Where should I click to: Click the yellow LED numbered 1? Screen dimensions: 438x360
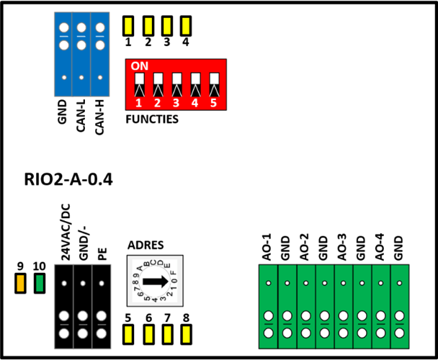tap(128, 26)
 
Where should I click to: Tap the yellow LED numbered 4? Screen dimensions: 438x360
tap(186, 26)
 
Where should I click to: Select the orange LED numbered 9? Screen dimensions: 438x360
tap(20, 284)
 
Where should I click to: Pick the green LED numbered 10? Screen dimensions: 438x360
tap(40, 284)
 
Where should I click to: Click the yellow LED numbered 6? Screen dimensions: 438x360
tap(148, 334)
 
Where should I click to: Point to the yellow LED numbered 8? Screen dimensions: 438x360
tap(186, 334)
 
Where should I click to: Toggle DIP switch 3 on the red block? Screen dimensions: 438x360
tap(176, 85)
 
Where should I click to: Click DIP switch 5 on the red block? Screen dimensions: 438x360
tap(214, 85)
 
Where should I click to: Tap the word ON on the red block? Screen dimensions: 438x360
tap(139, 66)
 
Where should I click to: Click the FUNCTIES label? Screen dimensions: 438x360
tap(152, 120)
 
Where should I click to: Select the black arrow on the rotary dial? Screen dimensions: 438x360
tap(156, 282)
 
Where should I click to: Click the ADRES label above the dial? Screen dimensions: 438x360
tap(146, 245)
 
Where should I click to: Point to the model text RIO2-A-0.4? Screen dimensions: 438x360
tap(68, 179)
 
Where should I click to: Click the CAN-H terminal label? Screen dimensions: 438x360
tap(99, 117)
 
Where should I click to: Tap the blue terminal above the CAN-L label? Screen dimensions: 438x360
tap(81, 54)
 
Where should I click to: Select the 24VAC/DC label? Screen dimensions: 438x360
tap(66, 232)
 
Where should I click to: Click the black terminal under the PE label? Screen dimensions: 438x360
tap(102, 307)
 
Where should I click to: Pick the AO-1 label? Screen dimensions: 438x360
tap(267, 248)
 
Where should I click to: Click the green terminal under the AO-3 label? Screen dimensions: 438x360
tap(344, 307)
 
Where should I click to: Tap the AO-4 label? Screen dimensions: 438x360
tap(380, 248)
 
